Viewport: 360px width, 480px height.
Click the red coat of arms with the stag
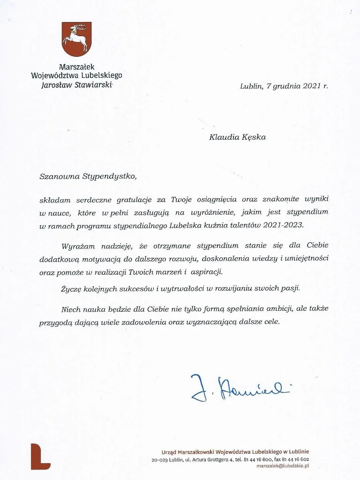coord(76,39)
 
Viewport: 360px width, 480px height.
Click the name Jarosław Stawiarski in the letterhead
coord(76,85)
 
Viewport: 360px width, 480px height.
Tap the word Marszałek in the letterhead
coord(76,67)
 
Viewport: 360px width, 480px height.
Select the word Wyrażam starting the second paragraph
coord(78,246)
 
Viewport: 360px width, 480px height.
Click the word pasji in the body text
coord(289,288)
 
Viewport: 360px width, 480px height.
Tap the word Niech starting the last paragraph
coord(71,310)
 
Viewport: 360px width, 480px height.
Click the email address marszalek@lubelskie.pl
coord(283,466)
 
